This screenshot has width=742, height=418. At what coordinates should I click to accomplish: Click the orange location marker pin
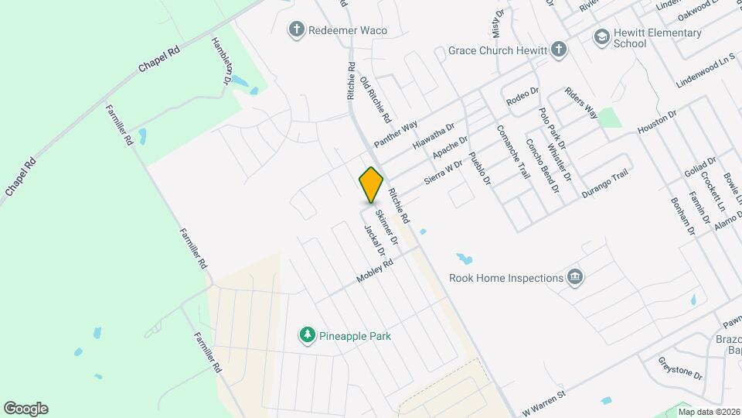pyautogui.click(x=371, y=185)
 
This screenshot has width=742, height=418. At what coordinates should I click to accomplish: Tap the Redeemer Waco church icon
pyautogui.click(x=295, y=30)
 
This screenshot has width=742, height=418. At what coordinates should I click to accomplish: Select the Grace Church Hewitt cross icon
pyautogui.click(x=559, y=51)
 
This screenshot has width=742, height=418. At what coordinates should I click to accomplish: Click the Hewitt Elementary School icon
pyautogui.click(x=601, y=37)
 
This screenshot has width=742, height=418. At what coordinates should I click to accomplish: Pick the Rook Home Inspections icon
pyautogui.click(x=574, y=277)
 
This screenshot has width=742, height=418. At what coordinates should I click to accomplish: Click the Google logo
pyautogui.click(x=26, y=408)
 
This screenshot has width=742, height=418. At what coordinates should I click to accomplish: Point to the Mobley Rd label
pyautogui.click(x=375, y=271)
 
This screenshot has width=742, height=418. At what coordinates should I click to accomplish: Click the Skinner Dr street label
pyautogui.click(x=386, y=227)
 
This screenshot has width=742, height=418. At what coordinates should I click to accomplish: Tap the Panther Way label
pyautogui.click(x=395, y=134)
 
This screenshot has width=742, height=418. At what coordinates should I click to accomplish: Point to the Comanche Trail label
pyautogui.click(x=512, y=152)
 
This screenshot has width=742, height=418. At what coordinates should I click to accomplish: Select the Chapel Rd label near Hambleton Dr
pyautogui.click(x=158, y=60)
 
